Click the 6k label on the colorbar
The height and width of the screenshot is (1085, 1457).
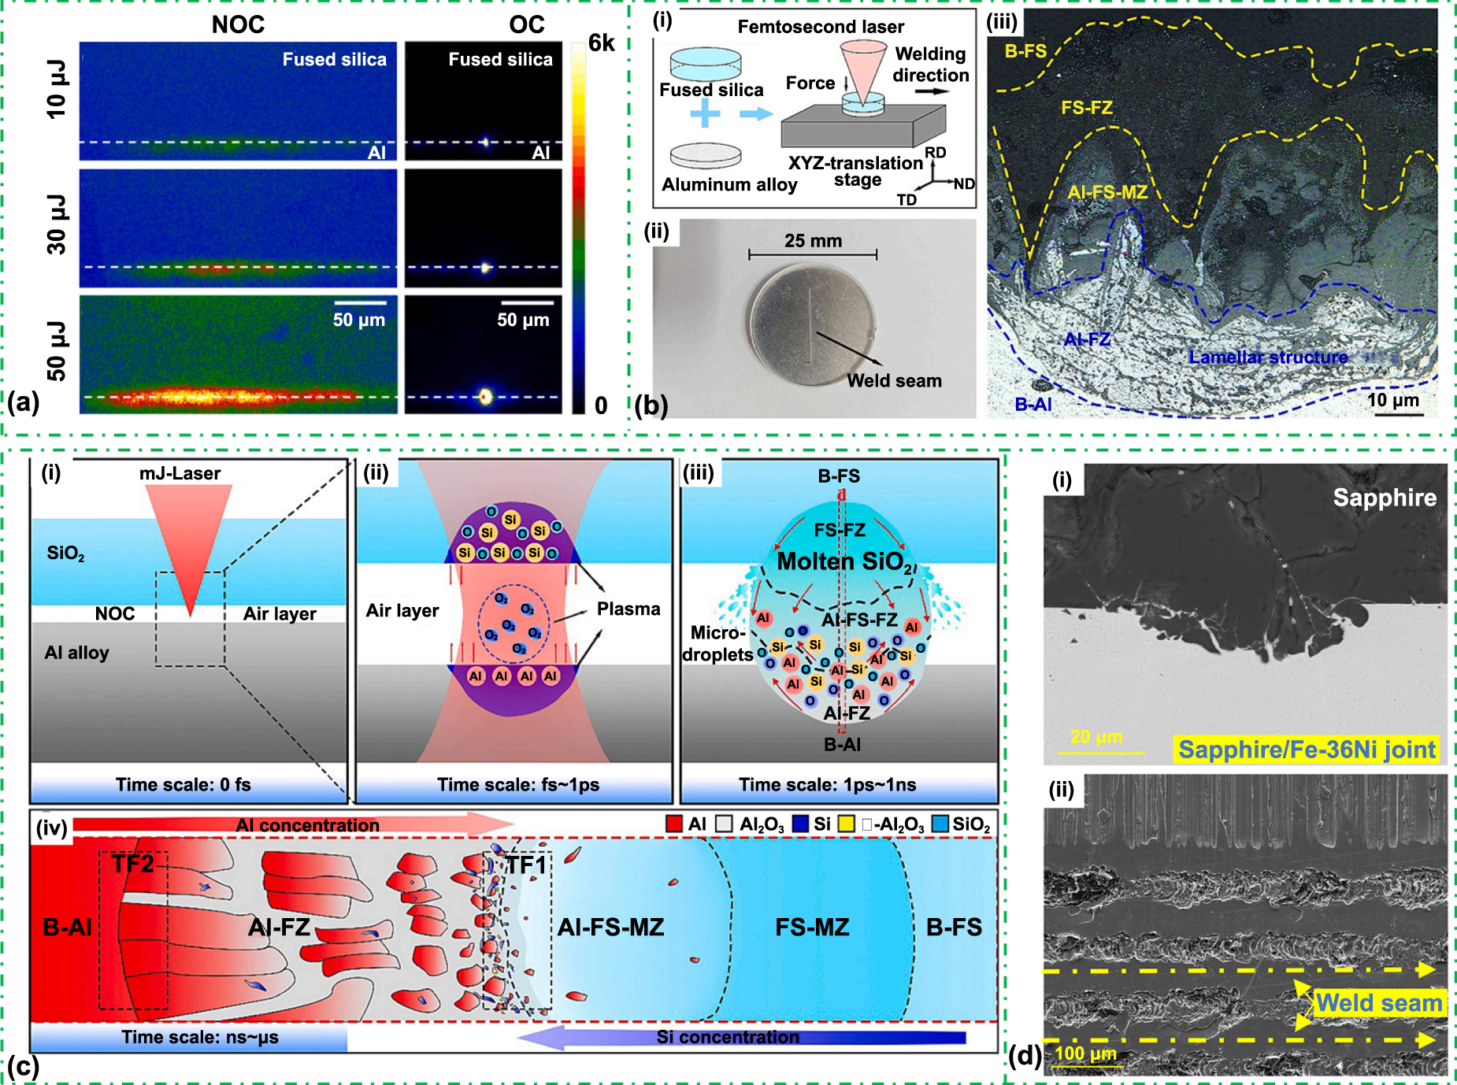coord(601,43)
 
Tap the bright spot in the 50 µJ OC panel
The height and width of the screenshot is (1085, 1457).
coord(485,396)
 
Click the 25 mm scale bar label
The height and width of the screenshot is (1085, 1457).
coord(813,241)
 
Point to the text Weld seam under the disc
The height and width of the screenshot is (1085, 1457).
coord(894,381)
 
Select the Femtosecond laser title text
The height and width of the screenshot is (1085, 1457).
coord(821,27)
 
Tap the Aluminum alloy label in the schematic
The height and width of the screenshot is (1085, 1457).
coord(729,185)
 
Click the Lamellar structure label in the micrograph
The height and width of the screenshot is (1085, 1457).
coord(1268,357)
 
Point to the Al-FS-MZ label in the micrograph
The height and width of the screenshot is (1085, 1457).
coord(1107,192)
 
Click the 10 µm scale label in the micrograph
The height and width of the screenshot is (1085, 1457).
coord(1392,400)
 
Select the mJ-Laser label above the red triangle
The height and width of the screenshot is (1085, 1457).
coord(180,473)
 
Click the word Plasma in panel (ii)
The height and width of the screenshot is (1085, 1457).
coord(628,609)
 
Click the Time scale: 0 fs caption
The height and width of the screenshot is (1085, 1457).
coord(183,784)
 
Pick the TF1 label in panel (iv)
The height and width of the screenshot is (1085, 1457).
coord(525,865)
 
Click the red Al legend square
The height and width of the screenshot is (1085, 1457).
coord(674,824)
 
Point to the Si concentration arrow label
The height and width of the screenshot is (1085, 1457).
coord(728,1037)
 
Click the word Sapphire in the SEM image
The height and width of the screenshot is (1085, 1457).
coord(1384,498)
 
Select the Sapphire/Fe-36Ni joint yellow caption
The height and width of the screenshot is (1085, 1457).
coord(1307,749)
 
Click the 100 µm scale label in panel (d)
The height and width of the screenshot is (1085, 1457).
coord(1085,1054)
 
